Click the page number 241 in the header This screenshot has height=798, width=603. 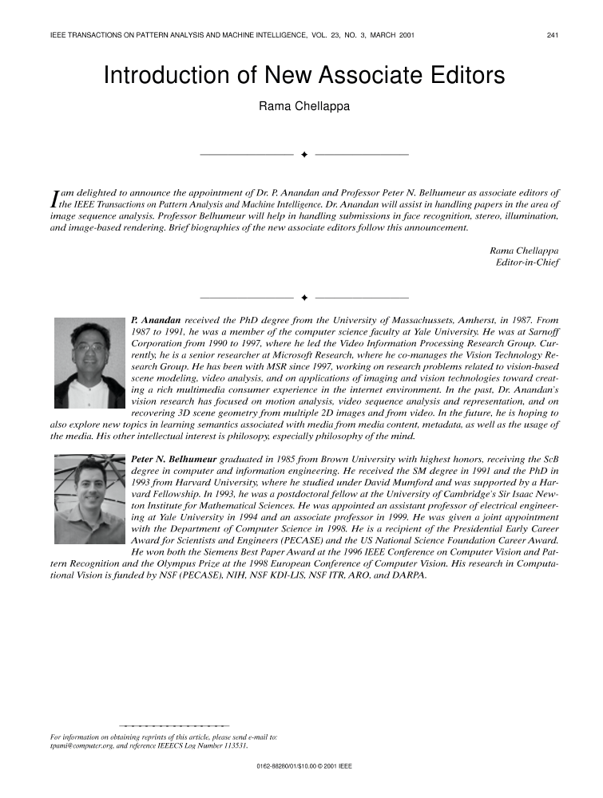[552, 35]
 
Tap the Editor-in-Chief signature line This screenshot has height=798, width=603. [527, 261]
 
